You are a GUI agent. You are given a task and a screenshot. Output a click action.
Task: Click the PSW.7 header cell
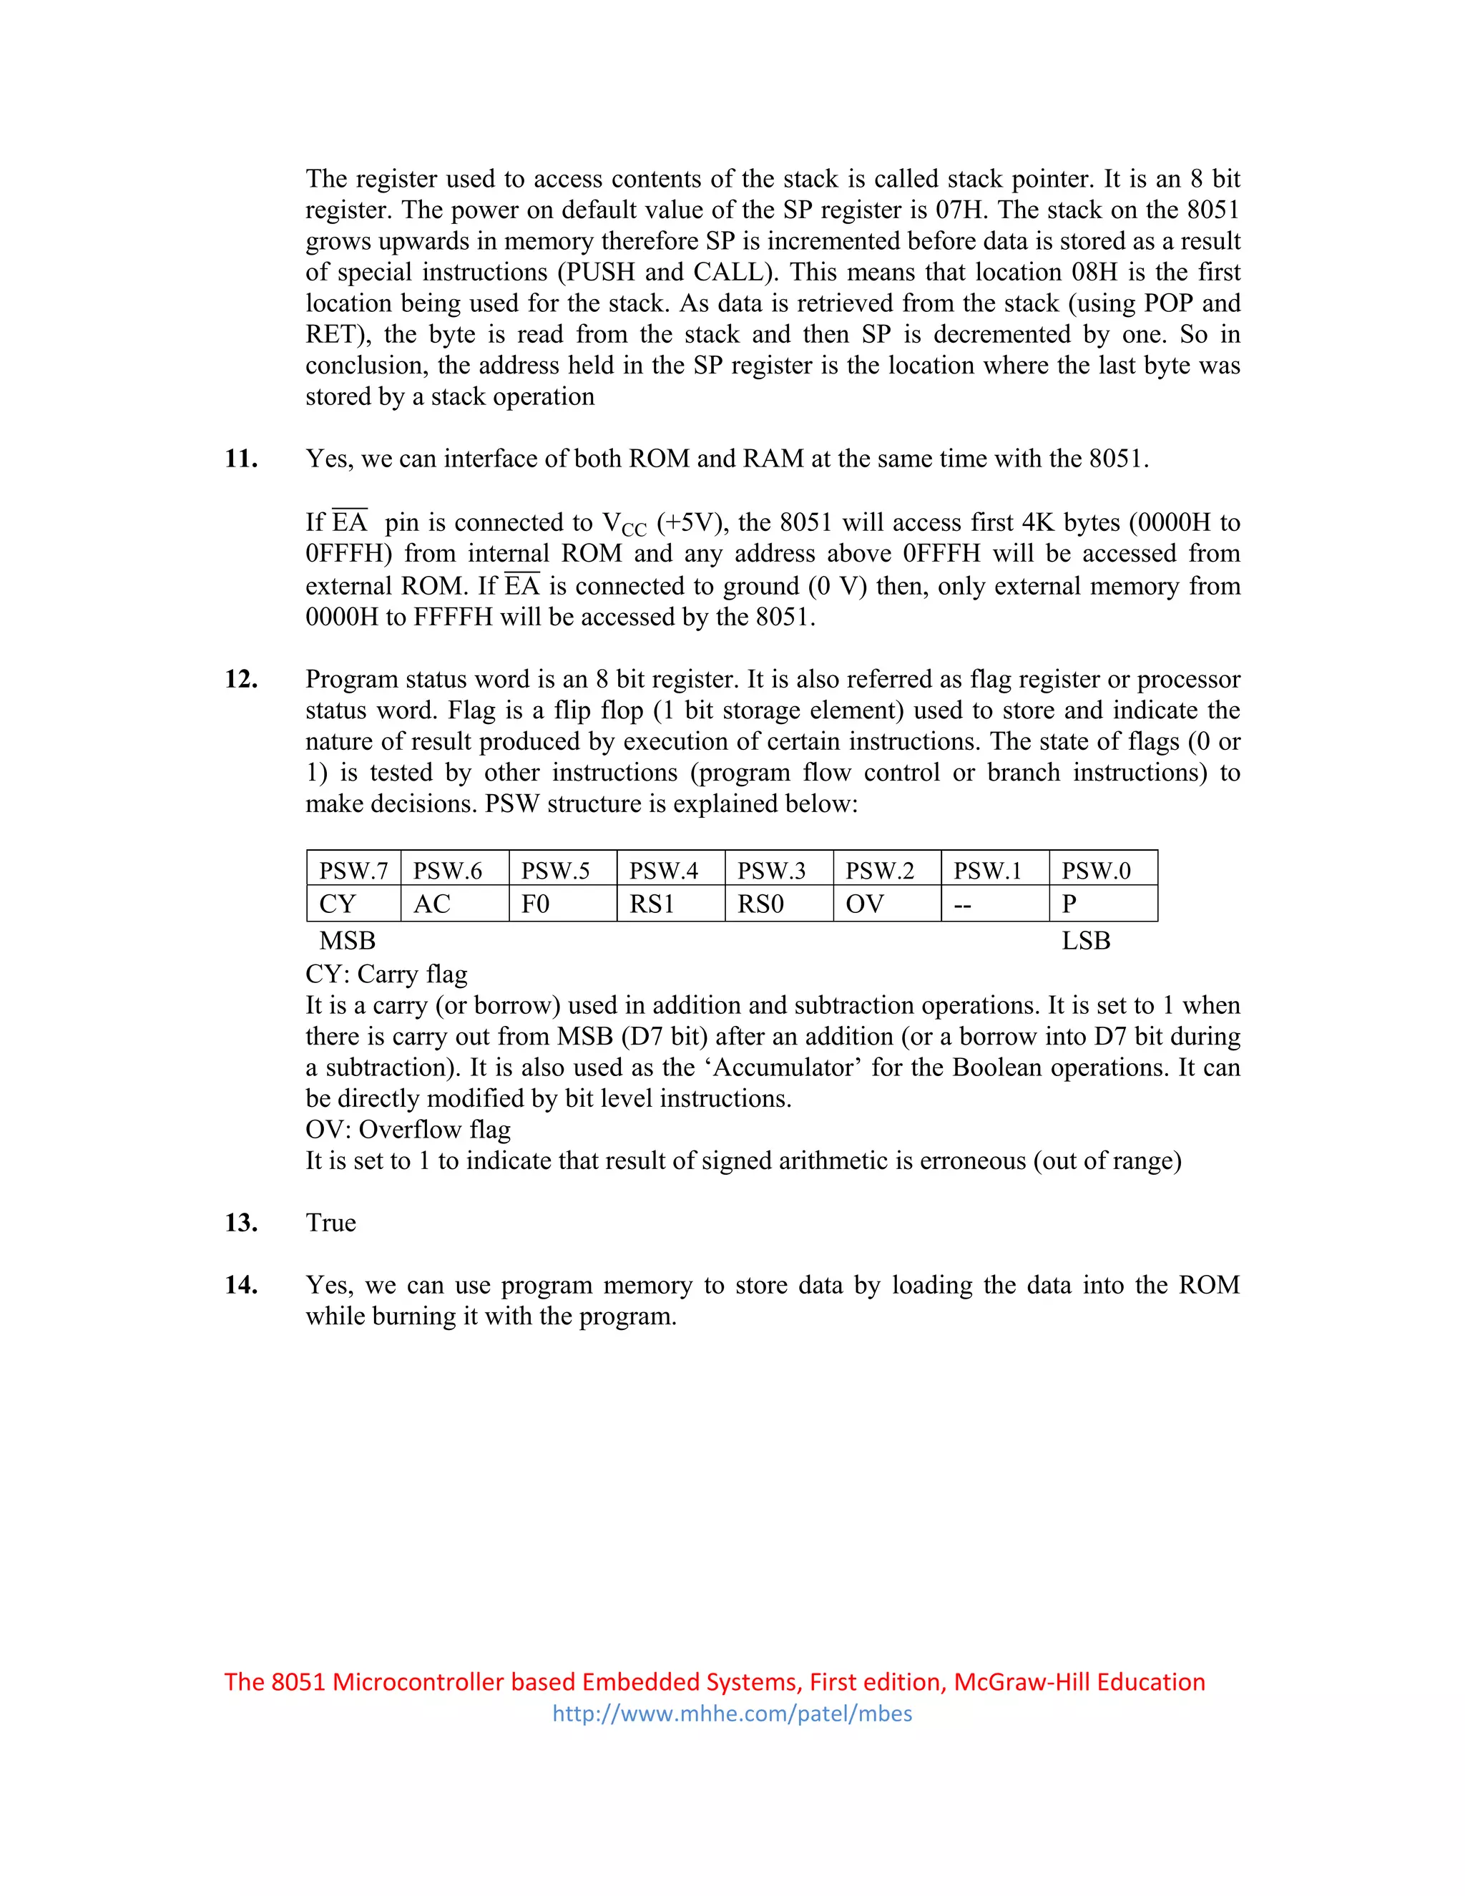[x=353, y=870]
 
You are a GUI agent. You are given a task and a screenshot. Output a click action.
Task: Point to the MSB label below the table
[x=347, y=940]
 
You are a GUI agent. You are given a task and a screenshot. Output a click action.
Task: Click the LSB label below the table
[x=1086, y=940]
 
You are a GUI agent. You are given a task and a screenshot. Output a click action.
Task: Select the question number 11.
[x=241, y=459]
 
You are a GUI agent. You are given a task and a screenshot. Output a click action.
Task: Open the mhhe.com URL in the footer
[x=732, y=1714]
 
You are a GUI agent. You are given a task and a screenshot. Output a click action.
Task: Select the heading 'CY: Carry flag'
[x=386, y=974]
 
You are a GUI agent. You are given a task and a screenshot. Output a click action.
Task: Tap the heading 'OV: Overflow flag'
[x=408, y=1130]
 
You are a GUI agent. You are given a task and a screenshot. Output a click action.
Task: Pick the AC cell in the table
[x=431, y=904]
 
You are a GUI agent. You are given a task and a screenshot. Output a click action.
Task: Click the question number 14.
[x=241, y=1285]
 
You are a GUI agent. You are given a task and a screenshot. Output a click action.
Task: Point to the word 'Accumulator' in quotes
[x=787, y=1067]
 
